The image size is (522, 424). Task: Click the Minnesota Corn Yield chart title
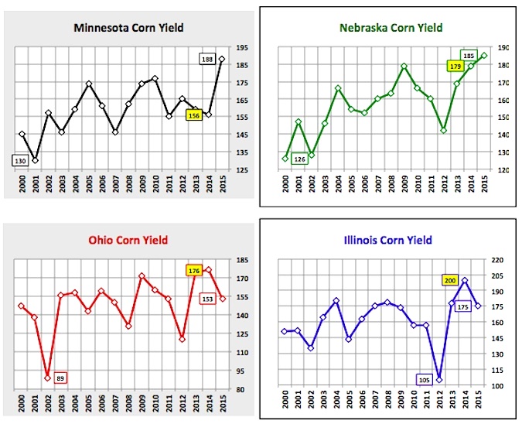click(x=128, y=28)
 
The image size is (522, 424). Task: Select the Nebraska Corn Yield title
click(x=391, y=28)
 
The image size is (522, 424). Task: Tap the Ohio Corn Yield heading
click(x=128, y=240)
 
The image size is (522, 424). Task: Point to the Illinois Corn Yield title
click(x=388, y=240)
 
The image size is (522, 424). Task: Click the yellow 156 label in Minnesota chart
click(x=194, y=115)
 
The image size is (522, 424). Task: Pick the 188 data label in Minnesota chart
click(x=207, y=60)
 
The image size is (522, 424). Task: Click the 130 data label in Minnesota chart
click(x=20, y=161)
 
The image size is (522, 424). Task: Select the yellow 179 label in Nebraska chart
click(x=455, y=67)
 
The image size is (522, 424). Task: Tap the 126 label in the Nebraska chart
click(x=299, y=159)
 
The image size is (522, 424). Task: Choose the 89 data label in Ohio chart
click(x=60, y=378)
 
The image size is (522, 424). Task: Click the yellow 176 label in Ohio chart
click(x=194, y=271)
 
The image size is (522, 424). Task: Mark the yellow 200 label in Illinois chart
click(x=450, y=280)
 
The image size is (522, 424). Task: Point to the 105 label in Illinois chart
click(x=425, y=380)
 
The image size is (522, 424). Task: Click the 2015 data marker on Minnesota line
click(x=222, y=60)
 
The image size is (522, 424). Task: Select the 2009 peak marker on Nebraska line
click(x=404, y=66)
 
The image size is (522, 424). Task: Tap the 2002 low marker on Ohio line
click(x=48, y=378)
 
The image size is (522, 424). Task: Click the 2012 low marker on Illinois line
click(x=439, y=380)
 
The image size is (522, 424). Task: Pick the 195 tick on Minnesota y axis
click(x=242, y=48)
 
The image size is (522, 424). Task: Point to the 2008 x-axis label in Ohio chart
click(x=129, y=403)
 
